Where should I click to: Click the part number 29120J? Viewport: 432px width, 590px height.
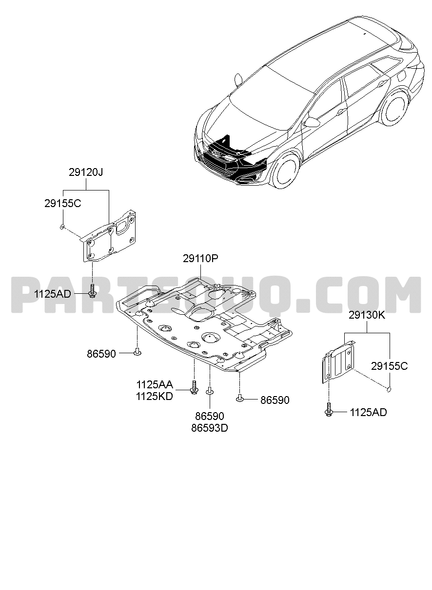[x=86, y=172]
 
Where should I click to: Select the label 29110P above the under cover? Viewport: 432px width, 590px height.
[x=200, y=259]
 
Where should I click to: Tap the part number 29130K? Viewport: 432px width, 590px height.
[x=367, y=315]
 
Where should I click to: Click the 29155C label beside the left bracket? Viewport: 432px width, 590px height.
[x=63, y=203]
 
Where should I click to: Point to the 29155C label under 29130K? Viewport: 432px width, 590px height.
[x=389, y=366]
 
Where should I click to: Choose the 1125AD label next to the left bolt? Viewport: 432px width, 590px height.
[x=53, y=294]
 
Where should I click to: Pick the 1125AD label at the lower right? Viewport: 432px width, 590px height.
[x=368, y=413]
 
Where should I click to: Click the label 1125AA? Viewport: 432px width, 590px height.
[x=155, y=385]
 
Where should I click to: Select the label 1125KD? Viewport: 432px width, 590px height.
[x=155, y=397]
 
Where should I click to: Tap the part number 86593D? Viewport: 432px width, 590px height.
[x=210, y=428]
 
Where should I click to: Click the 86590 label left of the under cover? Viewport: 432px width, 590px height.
[x=101, y=354]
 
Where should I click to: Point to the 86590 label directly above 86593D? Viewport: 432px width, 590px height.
[x=210, y=416]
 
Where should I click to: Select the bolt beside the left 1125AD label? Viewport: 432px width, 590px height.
[x=93, y=291]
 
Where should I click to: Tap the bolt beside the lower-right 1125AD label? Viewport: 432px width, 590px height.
[x=329, y=410]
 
